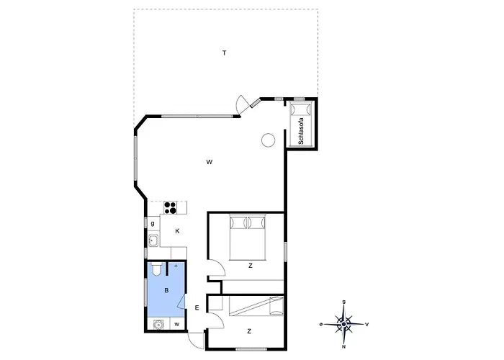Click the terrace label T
(225, 53)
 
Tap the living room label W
(210, 162)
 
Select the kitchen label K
(177, 231)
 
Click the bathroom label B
(166, 291)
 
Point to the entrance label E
(197, 308)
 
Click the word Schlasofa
(301, 131)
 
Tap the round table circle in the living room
(268, 140)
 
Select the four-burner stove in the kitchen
(171, 207)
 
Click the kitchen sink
(153, 240)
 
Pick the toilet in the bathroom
(157, 269)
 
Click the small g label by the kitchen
(153, 223)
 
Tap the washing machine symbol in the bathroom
(158, 324)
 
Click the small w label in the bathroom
(177, 324)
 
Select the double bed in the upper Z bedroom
(248, 238)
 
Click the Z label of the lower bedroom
(249, 331)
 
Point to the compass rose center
(344, 324)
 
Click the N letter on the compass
(344, 347)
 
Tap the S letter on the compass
(344, 302)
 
